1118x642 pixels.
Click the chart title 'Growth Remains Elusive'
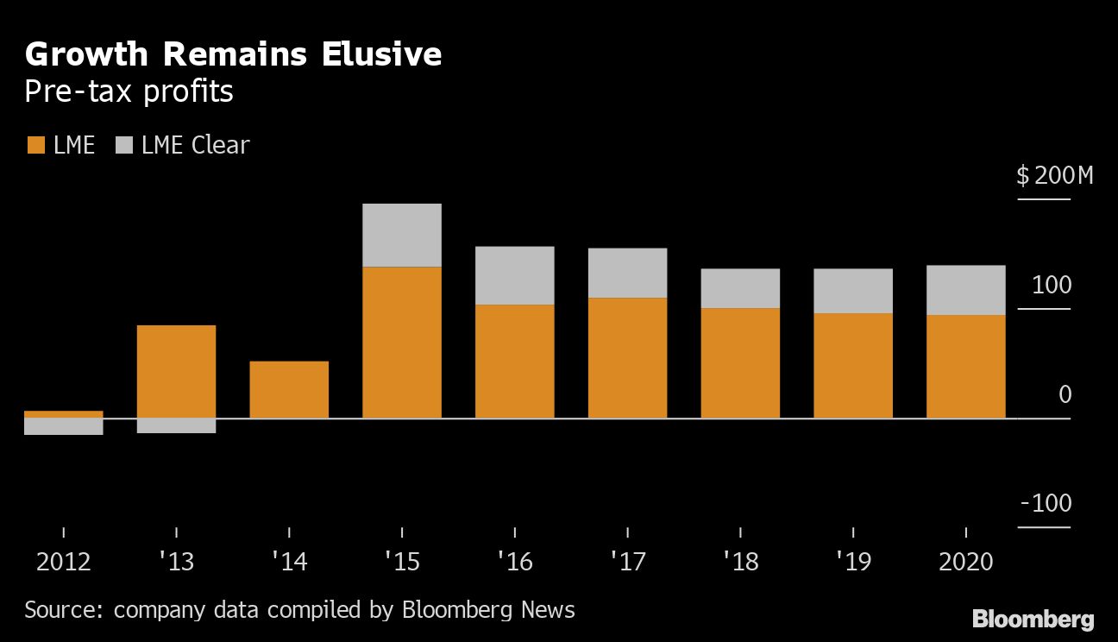pos(233,54)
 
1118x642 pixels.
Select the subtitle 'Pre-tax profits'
pos(129,91)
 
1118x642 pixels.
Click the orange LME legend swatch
pos(35,145)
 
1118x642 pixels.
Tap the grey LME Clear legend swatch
pos(123,145)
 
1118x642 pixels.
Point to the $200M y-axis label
pos(1054,177)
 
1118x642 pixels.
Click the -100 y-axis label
pos(1045,504)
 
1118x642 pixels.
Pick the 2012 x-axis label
pos(63,563)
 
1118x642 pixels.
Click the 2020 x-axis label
pos(965,563)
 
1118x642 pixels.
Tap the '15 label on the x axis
pos(401,563)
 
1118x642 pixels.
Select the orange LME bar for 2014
pos(289,390)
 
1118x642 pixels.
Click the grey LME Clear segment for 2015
pos(402,236)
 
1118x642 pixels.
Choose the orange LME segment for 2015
pos(402,343)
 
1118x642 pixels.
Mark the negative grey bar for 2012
pos(64,426)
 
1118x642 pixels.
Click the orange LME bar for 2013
pos(176,372)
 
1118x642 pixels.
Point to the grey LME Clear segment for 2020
pos(965,290)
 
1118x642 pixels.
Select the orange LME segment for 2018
pos(740,363)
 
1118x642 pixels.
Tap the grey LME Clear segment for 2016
pos(514,276)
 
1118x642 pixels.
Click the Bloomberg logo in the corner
pos(1033,619)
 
